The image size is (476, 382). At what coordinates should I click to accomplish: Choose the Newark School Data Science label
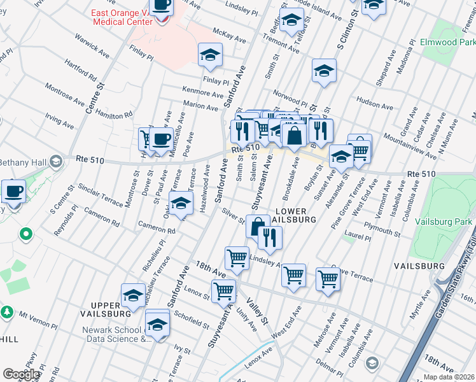tap(115, 334)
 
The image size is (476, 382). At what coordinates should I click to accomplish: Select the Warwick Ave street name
tap(87, 39)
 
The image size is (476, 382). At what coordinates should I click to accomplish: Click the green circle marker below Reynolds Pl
tap(26, 234)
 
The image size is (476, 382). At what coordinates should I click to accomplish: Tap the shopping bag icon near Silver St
tap(258, 227)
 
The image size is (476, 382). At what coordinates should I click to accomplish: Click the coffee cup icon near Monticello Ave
tap(161, 138)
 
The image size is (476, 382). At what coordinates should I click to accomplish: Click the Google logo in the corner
tap(22, 374)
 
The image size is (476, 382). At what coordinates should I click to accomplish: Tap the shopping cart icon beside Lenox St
tap(223, 290)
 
